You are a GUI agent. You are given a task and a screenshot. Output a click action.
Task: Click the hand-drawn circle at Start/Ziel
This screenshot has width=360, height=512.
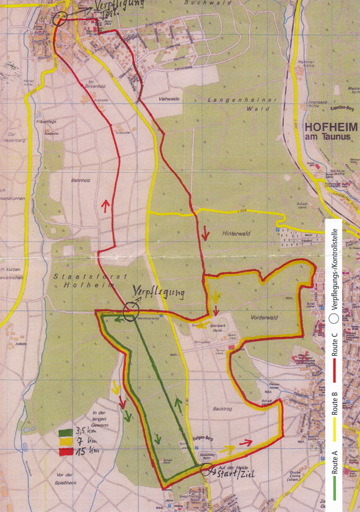tap(207, 469)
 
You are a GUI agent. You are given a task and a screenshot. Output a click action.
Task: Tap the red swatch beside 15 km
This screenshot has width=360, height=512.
tap(65, 450)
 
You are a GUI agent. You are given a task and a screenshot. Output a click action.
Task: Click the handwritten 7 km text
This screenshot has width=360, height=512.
tap(83, 441)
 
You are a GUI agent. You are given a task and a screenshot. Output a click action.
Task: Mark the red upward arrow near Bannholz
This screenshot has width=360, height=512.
tap(106, 206)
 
